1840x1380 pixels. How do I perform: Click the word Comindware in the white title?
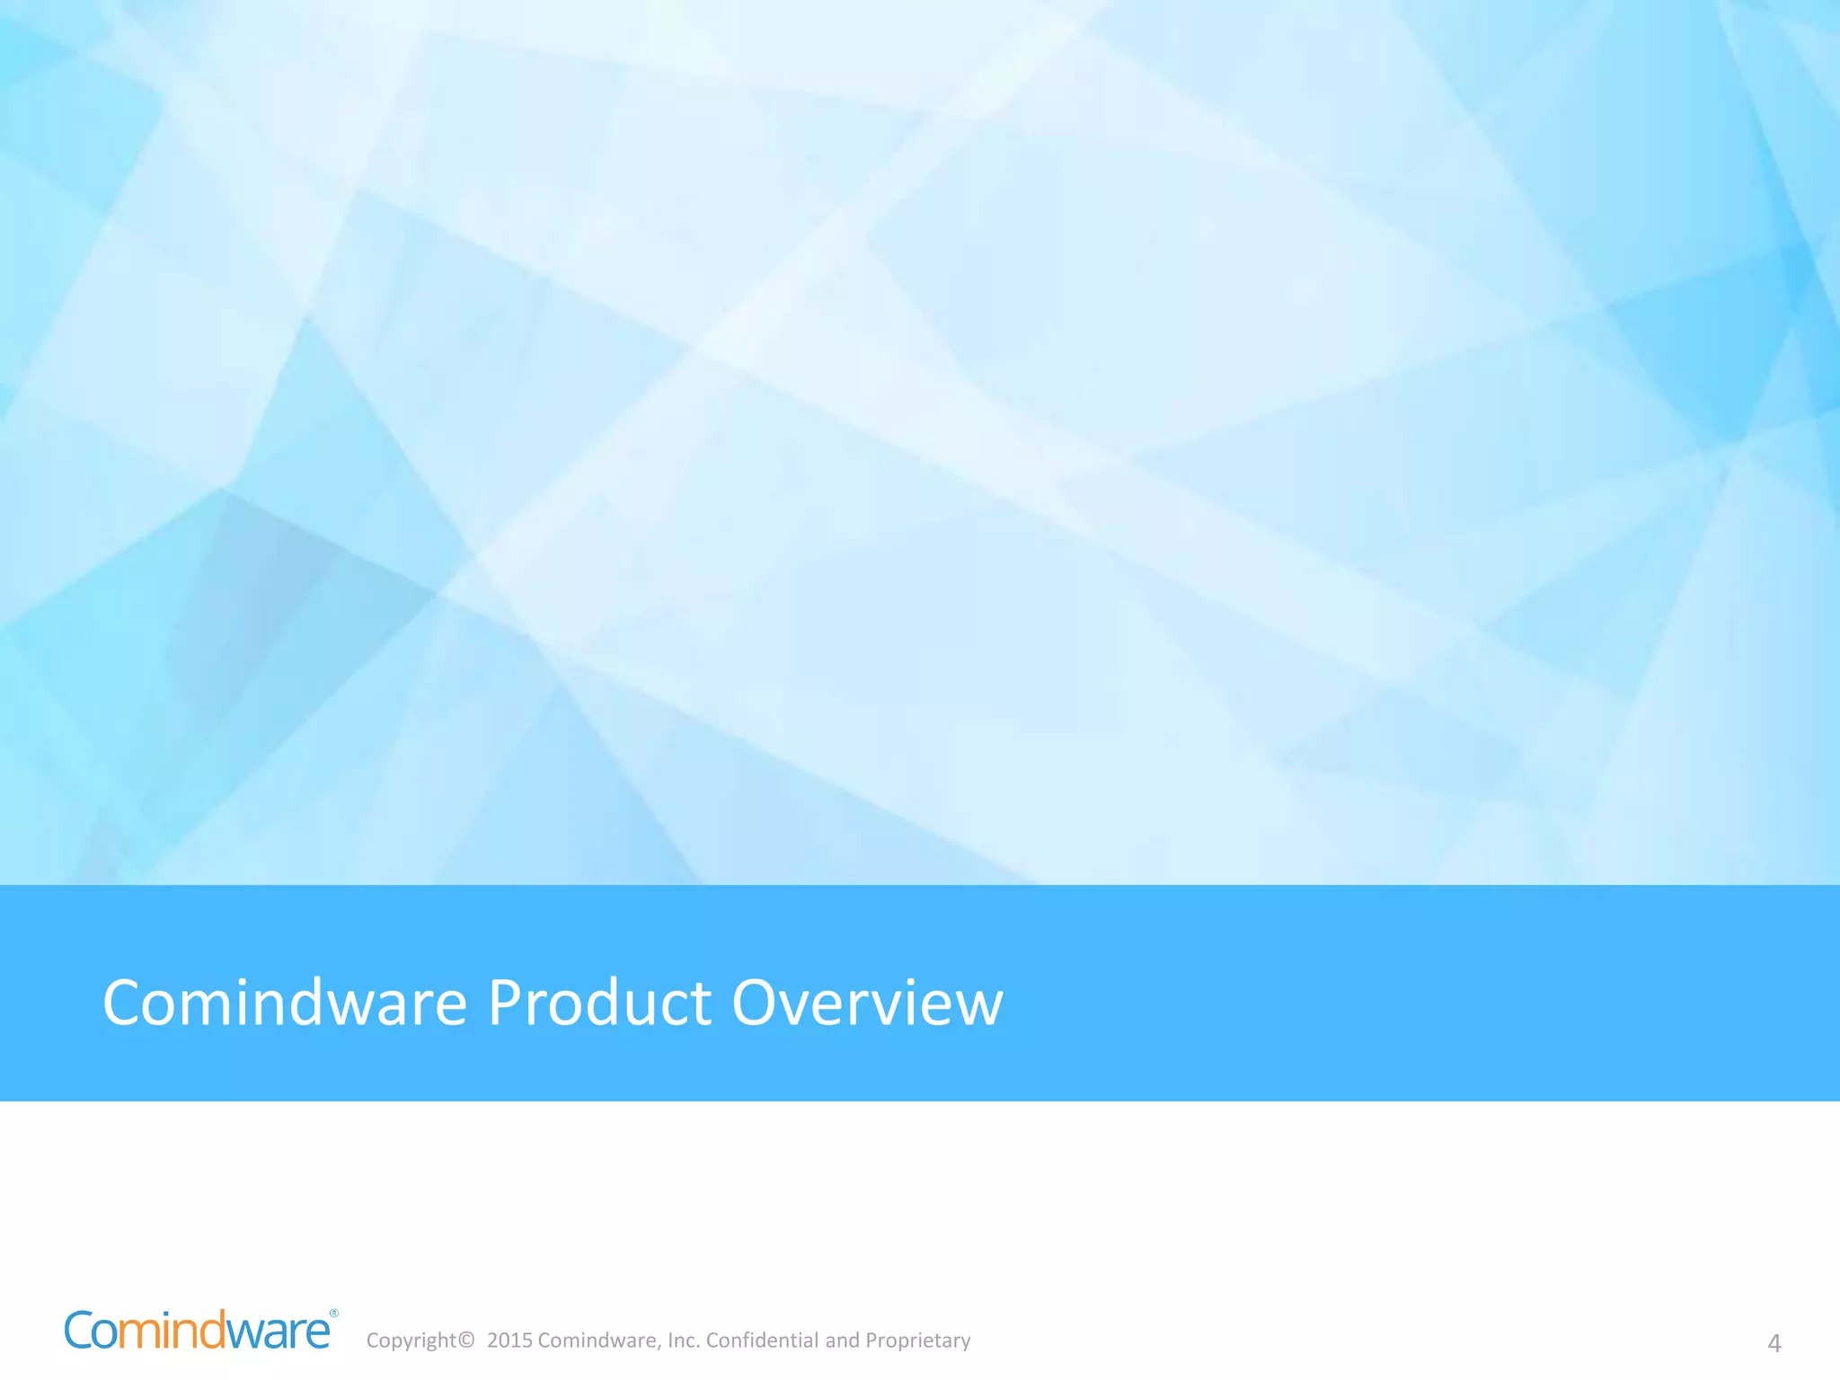[x=285, y=1003]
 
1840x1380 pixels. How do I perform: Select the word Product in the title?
[x=599, y=1003]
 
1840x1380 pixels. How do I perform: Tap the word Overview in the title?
[x=867, y=1003]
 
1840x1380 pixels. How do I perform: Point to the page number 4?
[x=1774, y=1343]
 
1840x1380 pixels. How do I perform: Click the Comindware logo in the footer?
[x=198, y=1331]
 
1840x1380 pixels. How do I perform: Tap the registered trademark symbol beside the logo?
[x=334, y=1314]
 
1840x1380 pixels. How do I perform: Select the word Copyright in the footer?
[x=411, y=1340]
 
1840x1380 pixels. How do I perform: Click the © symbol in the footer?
[x=465, y=1340]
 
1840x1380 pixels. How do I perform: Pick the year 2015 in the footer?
[x=509, y=1340]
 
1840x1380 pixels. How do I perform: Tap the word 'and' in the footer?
[x=842, y=1340]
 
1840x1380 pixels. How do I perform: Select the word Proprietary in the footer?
[x=918, y=1340]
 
